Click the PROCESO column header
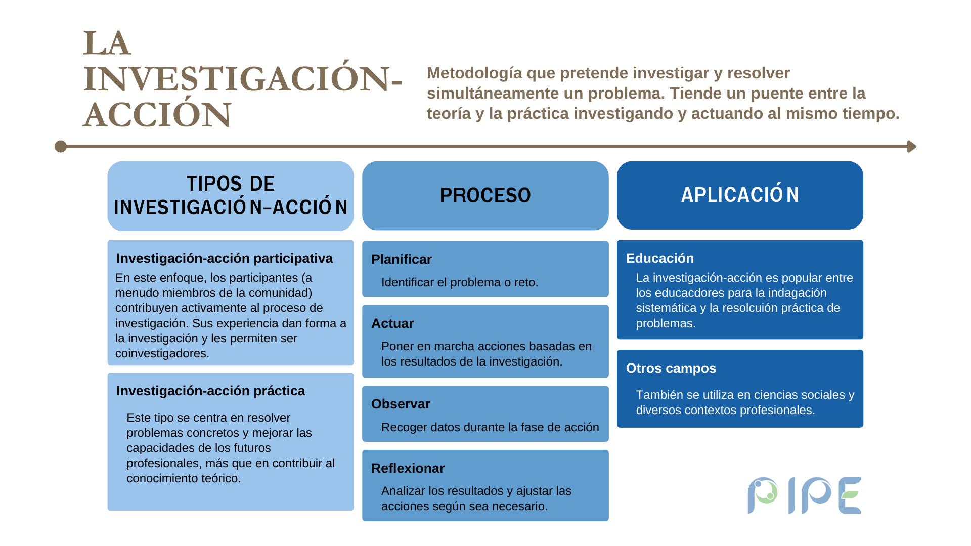coord(485,195)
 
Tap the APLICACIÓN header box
coord(740,195)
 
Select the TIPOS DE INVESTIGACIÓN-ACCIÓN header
coord(231,196)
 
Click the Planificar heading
coord(402,259)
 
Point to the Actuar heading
coord(392,323)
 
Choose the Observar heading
coord(401,404)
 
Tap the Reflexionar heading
coord(408,468)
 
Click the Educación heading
coord(660,258)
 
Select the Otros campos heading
coord(671,368)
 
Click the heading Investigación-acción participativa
coord(225,258)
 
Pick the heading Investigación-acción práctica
coord(211,391)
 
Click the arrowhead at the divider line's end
coord(912,147)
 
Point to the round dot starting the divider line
coord(61,147)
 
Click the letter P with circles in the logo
coord(763,495)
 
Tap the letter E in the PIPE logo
coord(850,495)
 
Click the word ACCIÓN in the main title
coord(157,115)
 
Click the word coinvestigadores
coord(162,353)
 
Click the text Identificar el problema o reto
coord(460,282)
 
